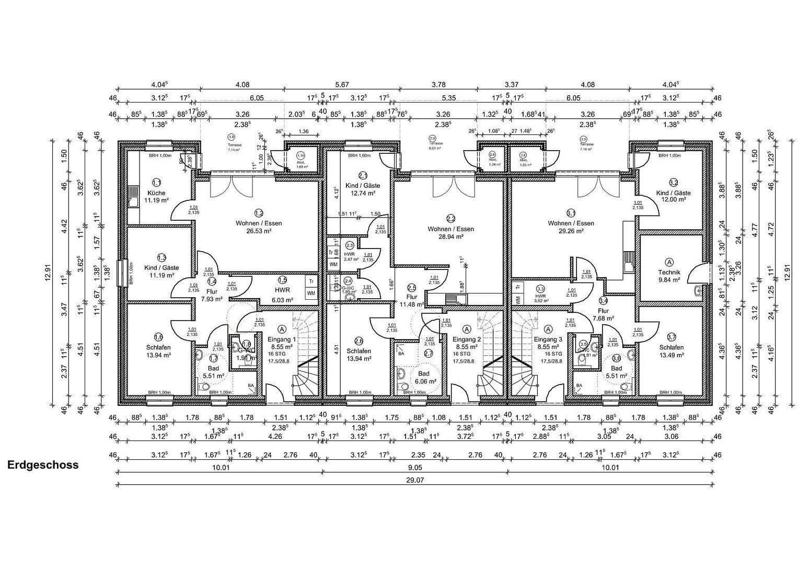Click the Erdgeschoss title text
pyautogui.click(x=43, y=465)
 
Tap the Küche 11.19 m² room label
pyautogui.click(x=156, y=196)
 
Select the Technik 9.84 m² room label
pyautogui.click(x=669, y=276)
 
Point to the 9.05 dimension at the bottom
pyautogui.click(x=415, y=467)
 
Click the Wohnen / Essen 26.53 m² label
pyautogui.click(x=258, y=227)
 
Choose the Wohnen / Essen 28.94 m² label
pyautogui.click(x=450, y=232)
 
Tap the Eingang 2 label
pyautogui.click(x=466, y=340)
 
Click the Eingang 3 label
pyautogui.click(x=548, y=340)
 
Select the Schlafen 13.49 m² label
pyautogui.click(x=671, y=351)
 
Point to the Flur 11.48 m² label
pyautogui.click(x=411, y=300)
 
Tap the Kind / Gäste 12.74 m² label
pyautogui.click(x=363, y=189)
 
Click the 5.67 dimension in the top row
pyautogui.click(x=342, y=85)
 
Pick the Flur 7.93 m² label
pyautogui.click(x=212, y=295)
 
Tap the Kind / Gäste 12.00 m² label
pyautogui.click(x=673, y=196)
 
